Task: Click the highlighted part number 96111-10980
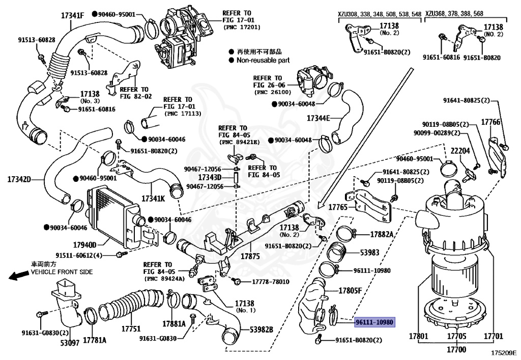click(374, 322)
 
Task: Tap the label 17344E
click(319, 118)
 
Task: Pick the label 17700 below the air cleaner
click(455, 350)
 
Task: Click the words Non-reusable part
click(263, 60)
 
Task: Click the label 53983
click(370, 252)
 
